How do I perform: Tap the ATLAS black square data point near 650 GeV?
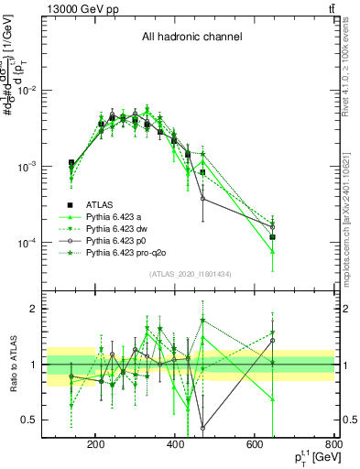click(x=272, y=236)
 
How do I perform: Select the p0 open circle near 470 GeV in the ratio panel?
click(x=202, y=428)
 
